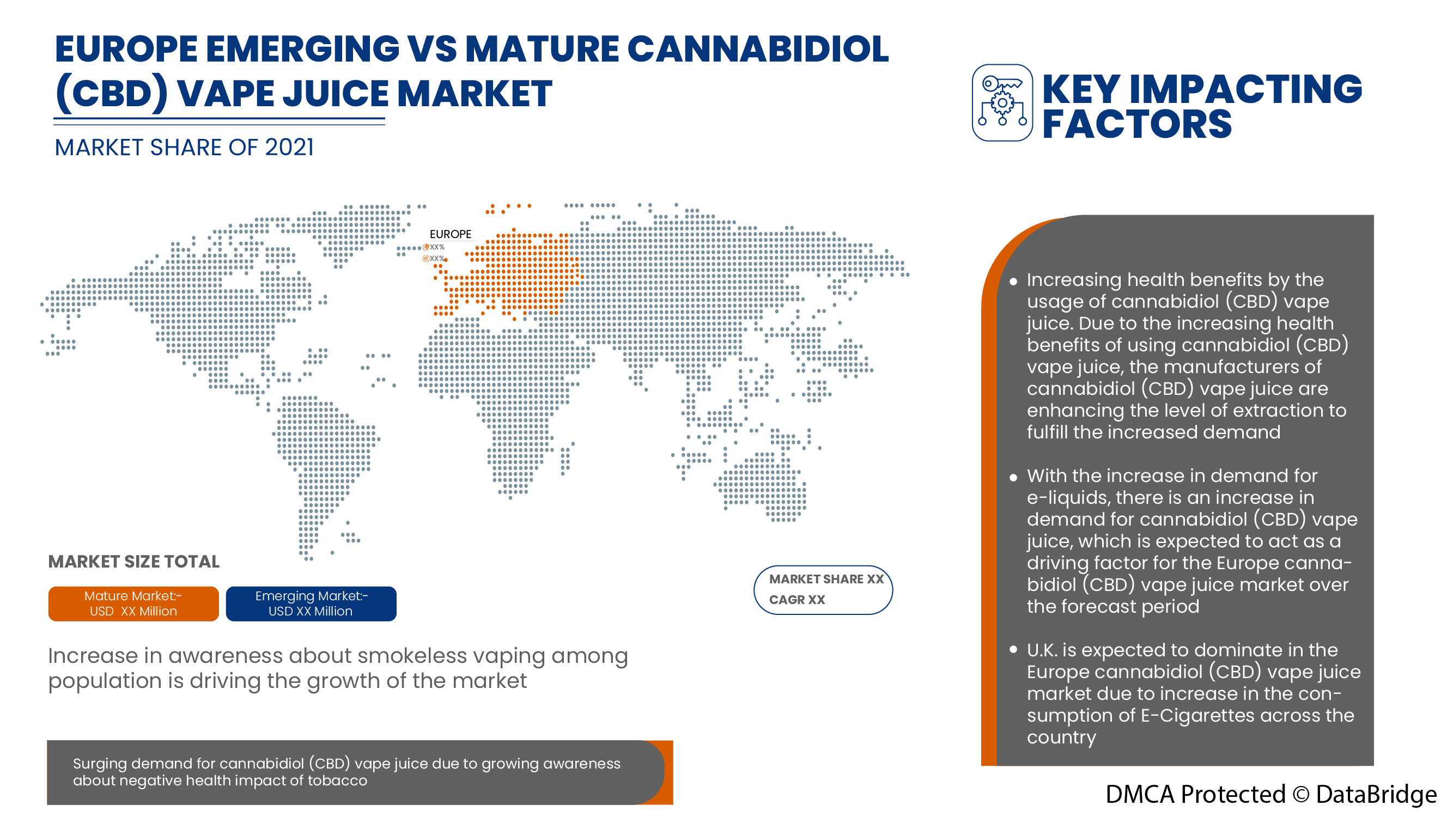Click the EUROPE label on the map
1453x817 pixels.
[x=450, y=234]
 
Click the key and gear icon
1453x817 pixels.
[x=1002, y=102]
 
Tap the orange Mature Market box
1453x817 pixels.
[x=133, y=603]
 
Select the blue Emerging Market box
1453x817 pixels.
[x=311, y=603]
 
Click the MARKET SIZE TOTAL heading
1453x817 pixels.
[x=133, y=562]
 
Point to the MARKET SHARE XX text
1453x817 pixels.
[x=826, y=579]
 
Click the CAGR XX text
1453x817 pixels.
[x=797, y=599]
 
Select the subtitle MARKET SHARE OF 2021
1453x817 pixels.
[x=184, y=148]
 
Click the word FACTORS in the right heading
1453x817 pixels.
[x=1136, y=124]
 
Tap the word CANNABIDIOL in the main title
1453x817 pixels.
[x=757, y=49]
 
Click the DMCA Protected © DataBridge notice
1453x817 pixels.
[x=1270, y=794]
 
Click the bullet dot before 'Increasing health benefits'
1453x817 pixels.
[x=1013, y=282]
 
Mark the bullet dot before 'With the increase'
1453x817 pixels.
[x=1013, y=478]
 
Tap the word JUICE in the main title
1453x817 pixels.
[x=335, y=94]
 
